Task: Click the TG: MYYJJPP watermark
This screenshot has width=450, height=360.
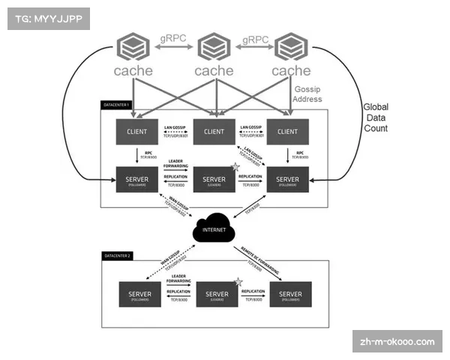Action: [46, 18]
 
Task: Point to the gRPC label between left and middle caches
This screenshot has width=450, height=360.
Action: [174, 39]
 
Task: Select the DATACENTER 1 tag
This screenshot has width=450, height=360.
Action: [116, 104]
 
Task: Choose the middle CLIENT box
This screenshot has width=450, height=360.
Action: [214, 132]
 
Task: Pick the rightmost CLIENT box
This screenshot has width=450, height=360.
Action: [288, 132]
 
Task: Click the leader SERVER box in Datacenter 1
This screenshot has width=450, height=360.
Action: [214, 181]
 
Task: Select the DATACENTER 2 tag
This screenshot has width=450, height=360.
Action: [117, 256]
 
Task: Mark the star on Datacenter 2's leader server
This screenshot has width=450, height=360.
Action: [238, 281]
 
